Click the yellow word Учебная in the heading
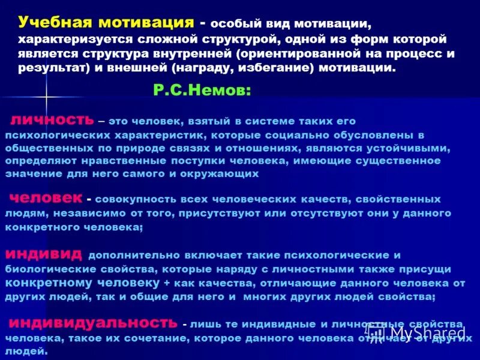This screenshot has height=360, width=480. [54, 22]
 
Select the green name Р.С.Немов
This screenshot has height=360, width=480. [202, 90]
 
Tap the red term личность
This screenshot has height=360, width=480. [52, 119]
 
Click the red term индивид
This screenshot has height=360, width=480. [46, 253]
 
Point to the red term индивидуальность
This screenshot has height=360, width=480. [93, 322]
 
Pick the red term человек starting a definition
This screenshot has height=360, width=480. [46, 197]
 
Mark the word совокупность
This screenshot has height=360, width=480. [131, 199]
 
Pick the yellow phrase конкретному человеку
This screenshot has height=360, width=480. [83, 283]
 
